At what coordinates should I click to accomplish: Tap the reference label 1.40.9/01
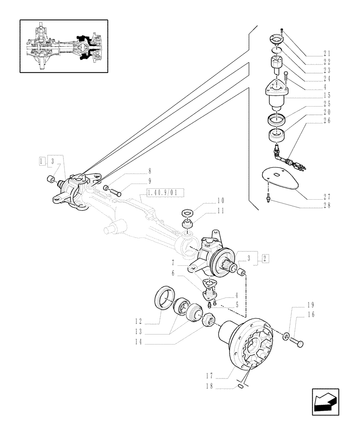[166, 192]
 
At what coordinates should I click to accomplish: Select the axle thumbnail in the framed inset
[63, 46]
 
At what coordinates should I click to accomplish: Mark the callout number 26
[326, 120]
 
